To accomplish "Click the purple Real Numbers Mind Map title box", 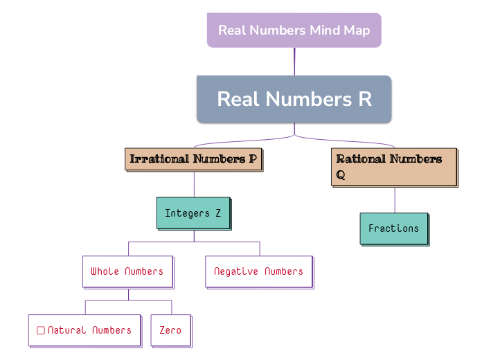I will point(294,30).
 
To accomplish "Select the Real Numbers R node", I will point(294,99).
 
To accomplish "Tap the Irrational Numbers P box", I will point(193,159).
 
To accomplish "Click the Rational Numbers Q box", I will point(393,167).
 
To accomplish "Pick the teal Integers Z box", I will point(193,213).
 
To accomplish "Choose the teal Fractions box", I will point(393,228).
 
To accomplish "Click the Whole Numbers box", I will point(127,271).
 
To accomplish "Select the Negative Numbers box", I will point(258,271).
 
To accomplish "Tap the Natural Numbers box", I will point(84,330).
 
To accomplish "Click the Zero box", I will point(170,330).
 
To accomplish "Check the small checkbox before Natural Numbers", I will point(41,330).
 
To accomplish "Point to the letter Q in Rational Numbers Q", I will point(341,175).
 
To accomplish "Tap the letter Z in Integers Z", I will point(218,213).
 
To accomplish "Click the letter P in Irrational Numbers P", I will point(253,159).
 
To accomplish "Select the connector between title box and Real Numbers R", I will point(294,62).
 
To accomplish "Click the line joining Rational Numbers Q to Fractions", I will point(395,200).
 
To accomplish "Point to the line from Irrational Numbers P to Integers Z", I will point(194,184).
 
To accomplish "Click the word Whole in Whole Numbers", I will point(105,271).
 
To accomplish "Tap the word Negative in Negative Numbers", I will point(237,271).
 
